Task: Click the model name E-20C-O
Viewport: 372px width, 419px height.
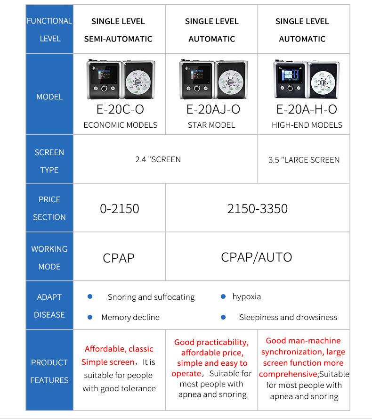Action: [120, 109]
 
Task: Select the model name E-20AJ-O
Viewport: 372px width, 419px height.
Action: [213, 109]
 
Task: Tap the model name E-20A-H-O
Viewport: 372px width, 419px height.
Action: [306, 109]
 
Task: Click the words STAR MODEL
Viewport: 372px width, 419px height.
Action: [211, 125]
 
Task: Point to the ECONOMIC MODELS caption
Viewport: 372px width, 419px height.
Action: [120, 125]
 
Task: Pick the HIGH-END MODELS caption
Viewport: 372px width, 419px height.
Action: [307, 125]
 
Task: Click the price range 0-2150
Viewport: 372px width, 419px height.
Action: [120, 209]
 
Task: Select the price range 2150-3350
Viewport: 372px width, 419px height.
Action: [257, 209]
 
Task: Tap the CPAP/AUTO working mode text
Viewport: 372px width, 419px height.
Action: [256, 257]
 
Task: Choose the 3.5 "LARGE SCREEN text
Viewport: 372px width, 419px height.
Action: [304, 160]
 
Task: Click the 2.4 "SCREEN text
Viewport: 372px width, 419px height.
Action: [158, 159]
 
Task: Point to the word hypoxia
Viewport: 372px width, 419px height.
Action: [246, 296]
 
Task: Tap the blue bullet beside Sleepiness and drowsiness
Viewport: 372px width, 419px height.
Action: [223, 317]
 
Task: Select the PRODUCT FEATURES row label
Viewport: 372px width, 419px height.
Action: [49, 371]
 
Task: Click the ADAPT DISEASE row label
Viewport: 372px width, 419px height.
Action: [49, 306]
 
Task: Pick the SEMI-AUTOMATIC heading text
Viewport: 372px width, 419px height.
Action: [118, 39]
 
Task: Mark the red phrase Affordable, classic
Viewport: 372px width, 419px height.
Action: [119, 349]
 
